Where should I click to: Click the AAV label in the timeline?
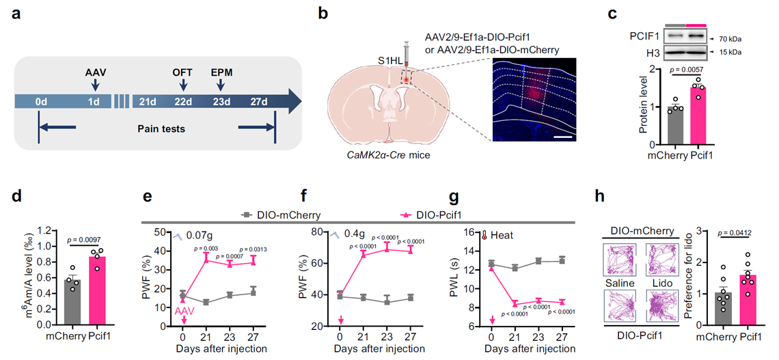tap(94, 70)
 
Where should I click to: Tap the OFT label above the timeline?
tap(182, 70)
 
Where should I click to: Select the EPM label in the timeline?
tap(221, 70)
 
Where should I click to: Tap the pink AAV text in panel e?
tap(183, 311)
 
